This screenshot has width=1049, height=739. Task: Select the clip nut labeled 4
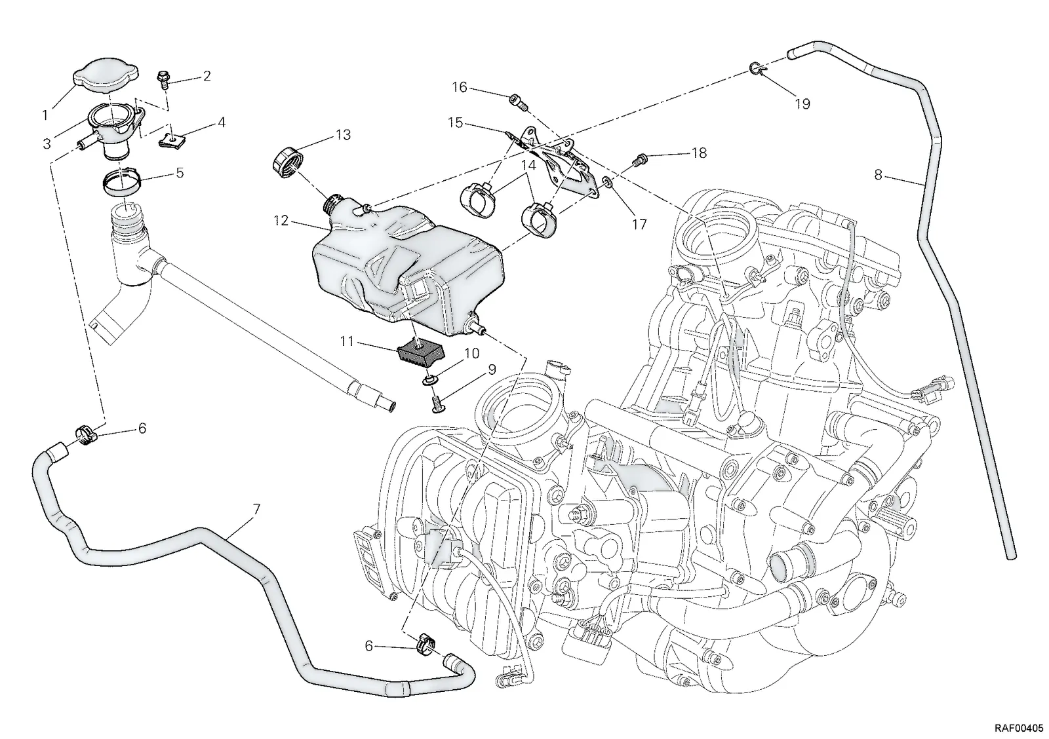(x=171, y=140)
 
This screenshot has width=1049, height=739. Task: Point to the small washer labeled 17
(x=606, y=181)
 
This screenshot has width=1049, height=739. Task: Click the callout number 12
(x=281, y=220)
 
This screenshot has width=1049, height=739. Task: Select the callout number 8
(x=878, y=175)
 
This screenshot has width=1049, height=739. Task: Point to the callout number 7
(x=256, y=510)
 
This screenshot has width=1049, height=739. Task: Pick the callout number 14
(x=528, y=164)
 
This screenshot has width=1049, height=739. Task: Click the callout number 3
(x=47, y=143)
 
